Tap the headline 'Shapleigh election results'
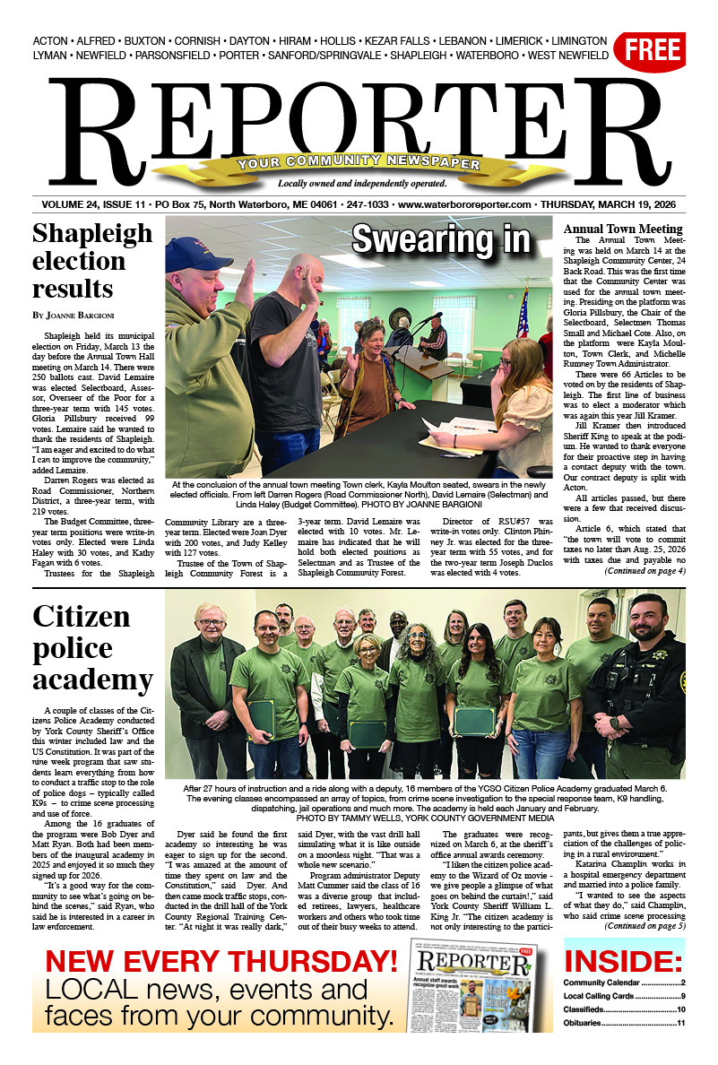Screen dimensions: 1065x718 click(x=92, y=261)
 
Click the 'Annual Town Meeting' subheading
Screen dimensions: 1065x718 click(x=623, y=229)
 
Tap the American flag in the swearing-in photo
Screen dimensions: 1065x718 click(x=523, y=314)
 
